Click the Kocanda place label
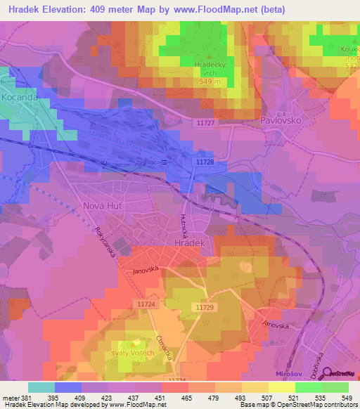(x=19, y=98)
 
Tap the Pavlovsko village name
(x=281, y=120)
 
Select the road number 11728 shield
(x=205, y=162)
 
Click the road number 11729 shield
(x=204, y=308)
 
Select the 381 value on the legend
(x=18, y=398)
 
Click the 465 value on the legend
(x=176, y=398)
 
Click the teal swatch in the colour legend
(x=41, y=387)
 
